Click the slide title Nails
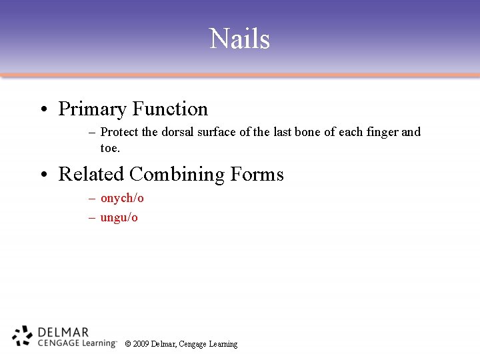click(239, 39)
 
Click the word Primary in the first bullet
click(93, 109)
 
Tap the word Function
click(170, 109)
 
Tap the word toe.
click(109, 148)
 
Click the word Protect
click(120, 132)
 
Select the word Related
click(91, 174)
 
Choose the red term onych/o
click(122, 198)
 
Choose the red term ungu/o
click(119, 218)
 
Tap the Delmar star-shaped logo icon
click(22, 336)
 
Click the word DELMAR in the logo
click(63, 331)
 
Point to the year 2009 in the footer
click(141, 344)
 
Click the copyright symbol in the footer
click(127, 344)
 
